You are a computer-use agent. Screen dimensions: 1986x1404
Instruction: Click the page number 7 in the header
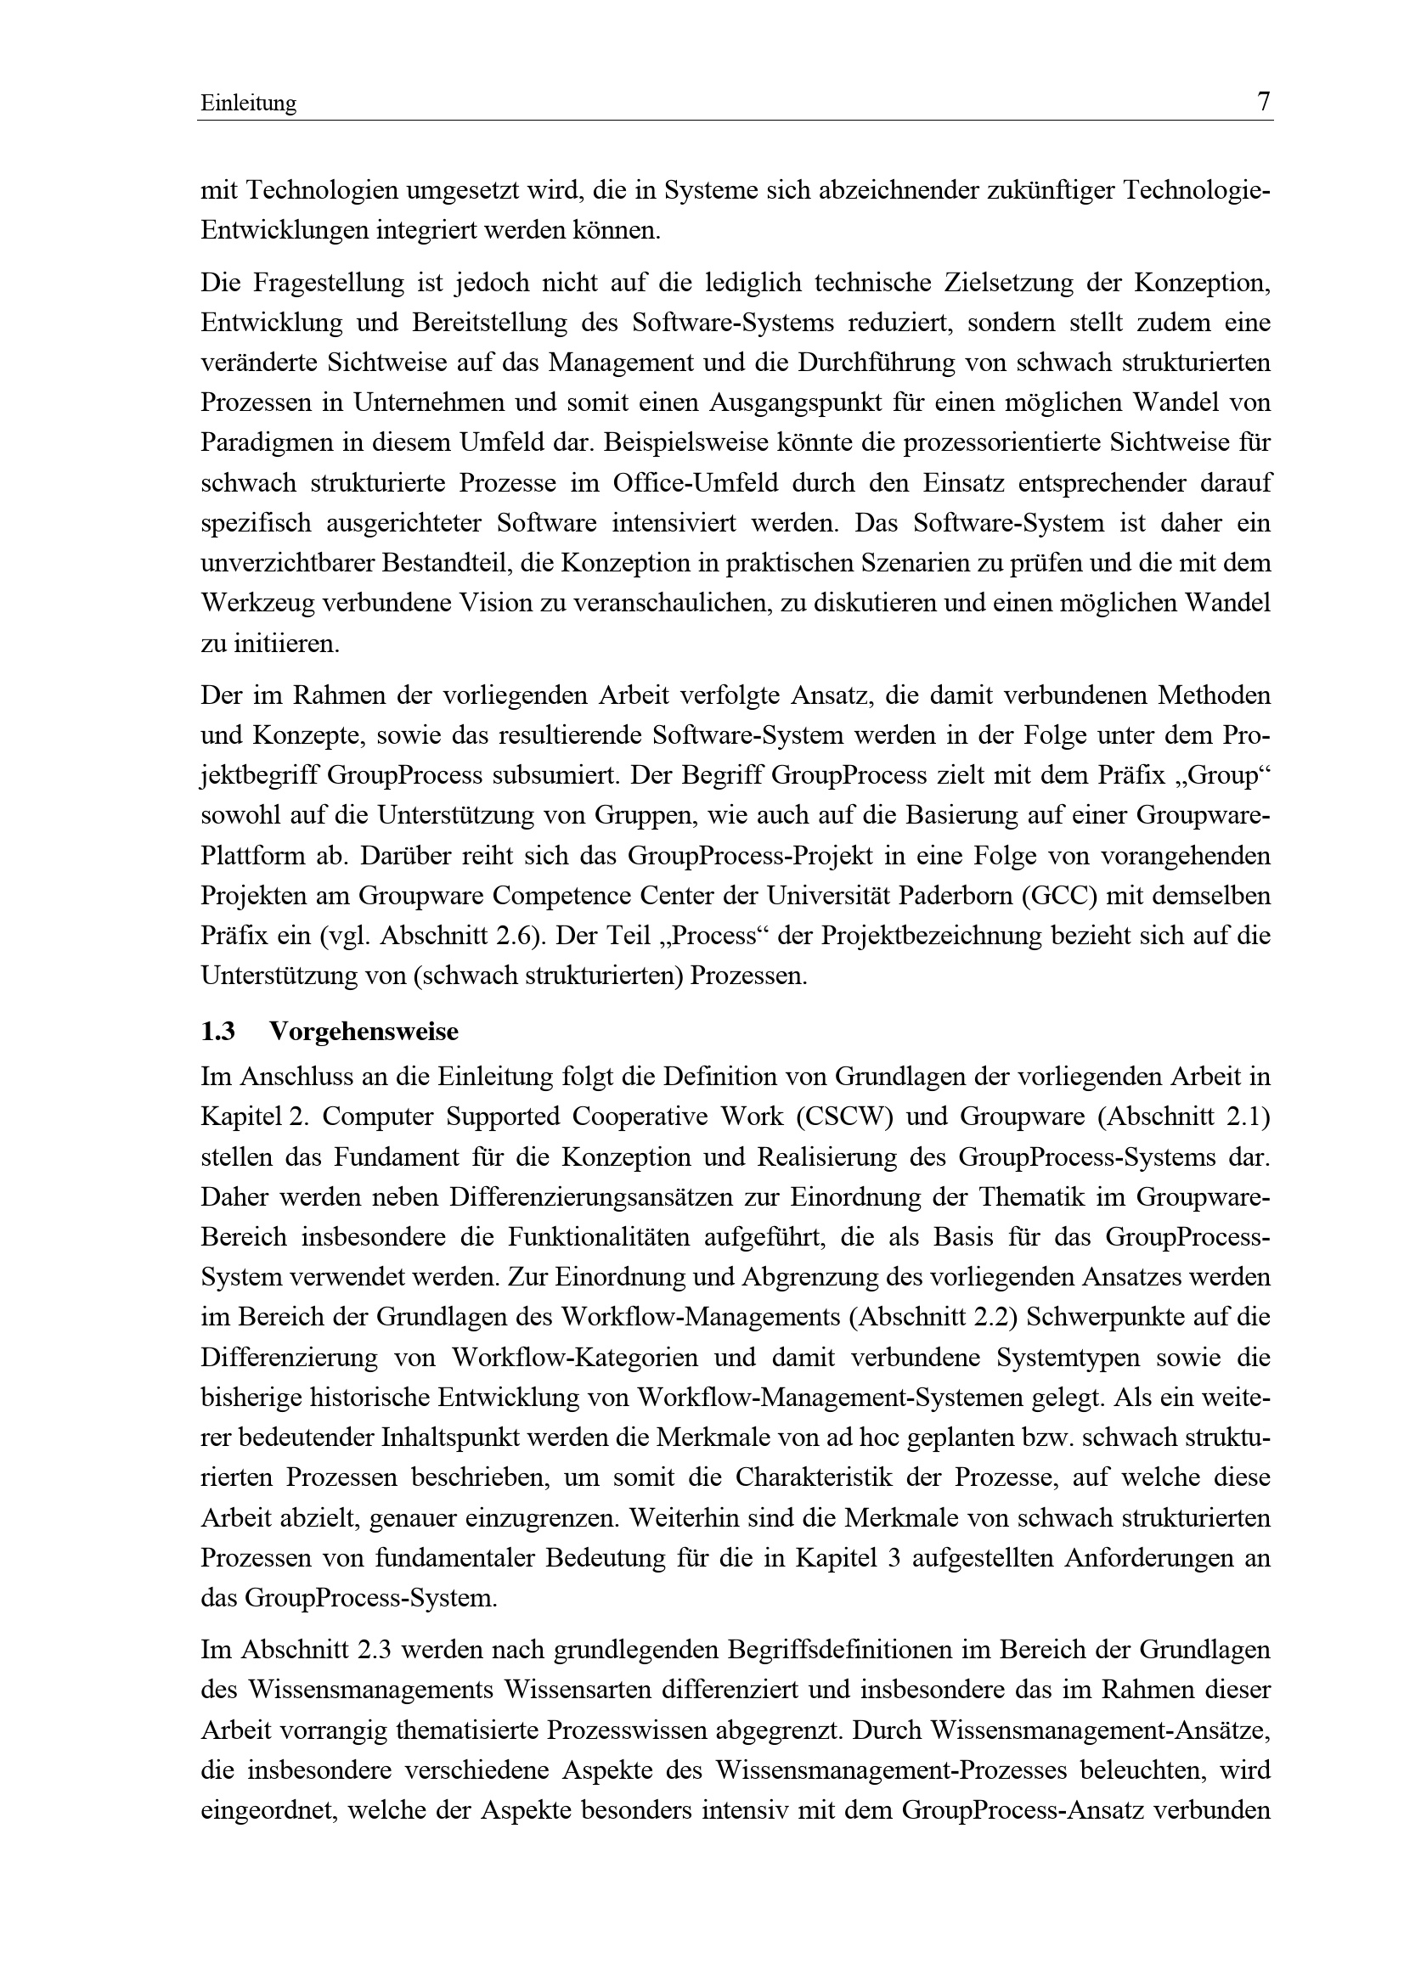1263,102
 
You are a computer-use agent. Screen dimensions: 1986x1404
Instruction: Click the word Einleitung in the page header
248,104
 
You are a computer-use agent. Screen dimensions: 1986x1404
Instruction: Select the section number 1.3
218,1032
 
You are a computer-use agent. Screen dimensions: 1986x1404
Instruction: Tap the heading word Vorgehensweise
364,1032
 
